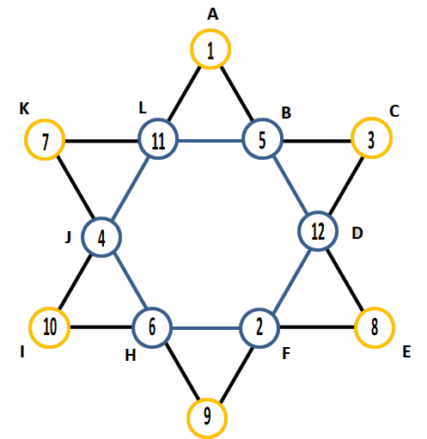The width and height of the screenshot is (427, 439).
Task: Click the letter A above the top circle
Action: click(x=212, y=15)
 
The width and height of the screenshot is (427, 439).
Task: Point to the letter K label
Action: click(x=24, y=109)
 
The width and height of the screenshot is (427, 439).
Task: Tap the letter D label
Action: click(x=357, y=234)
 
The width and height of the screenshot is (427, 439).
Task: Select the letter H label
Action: click(x=131, y=356)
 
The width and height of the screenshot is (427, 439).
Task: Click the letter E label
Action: click(x=406, y=352)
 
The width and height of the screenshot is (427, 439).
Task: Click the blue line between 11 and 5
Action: click(x=210, y=141)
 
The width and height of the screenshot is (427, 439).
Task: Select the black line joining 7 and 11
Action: click(x=101, y=141)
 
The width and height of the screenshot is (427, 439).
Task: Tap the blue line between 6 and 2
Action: click(x=205, y=328)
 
